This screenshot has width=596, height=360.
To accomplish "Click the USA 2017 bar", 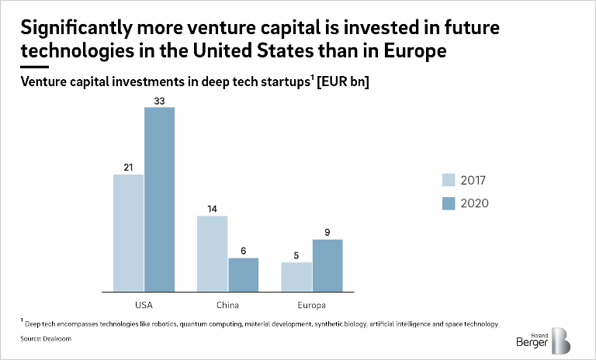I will [128, 232].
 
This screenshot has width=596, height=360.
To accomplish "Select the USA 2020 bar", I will [159, 198].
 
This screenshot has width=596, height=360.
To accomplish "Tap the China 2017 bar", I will [212, 252].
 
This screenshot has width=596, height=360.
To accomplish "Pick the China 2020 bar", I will [243, 273].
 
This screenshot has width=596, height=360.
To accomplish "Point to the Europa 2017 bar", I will [296, 275].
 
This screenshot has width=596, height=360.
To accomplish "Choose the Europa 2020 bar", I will [327, 264].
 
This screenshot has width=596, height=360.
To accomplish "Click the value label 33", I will [159, 100].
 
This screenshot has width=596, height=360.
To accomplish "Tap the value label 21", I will [128, 168].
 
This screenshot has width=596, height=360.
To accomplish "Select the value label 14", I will [212, 209].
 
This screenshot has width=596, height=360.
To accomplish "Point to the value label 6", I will [243, 251].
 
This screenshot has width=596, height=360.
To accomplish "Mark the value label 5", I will [296, 255].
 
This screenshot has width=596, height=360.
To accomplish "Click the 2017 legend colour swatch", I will [449, 181].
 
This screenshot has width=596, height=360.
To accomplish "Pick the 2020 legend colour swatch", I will [449, 203].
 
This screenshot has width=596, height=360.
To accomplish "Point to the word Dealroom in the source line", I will [54, 339].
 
